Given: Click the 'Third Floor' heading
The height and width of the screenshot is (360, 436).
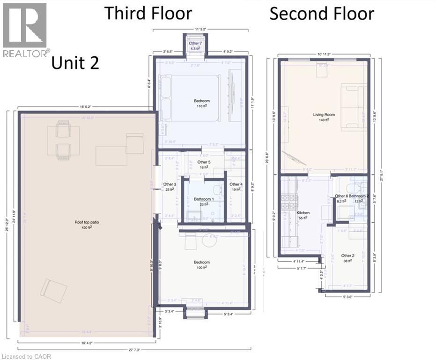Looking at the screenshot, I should tap(148, 13).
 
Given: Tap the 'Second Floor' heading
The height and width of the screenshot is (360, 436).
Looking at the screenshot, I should tap(322, 14).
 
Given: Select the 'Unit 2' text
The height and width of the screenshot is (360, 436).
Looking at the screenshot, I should tap(75, 62).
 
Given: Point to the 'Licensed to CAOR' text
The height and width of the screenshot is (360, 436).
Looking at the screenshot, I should tap(26, 356).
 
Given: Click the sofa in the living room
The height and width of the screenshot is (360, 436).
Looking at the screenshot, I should tap(353, 107).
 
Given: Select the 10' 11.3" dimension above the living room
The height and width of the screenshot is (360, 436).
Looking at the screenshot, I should tap(324, 55).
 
